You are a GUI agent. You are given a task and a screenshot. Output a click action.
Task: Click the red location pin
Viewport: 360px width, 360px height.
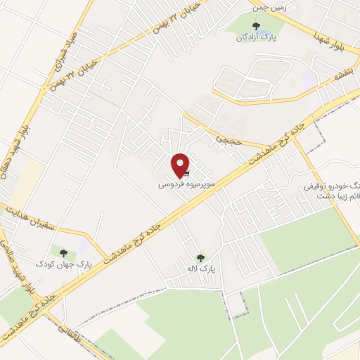point(181,164)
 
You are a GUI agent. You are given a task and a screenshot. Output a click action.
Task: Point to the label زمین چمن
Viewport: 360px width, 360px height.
point(271,6)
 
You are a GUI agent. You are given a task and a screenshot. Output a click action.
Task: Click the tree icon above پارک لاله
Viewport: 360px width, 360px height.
point(200,258)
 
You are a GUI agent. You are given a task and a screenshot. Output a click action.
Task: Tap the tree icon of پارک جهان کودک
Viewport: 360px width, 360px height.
point(64,252)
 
